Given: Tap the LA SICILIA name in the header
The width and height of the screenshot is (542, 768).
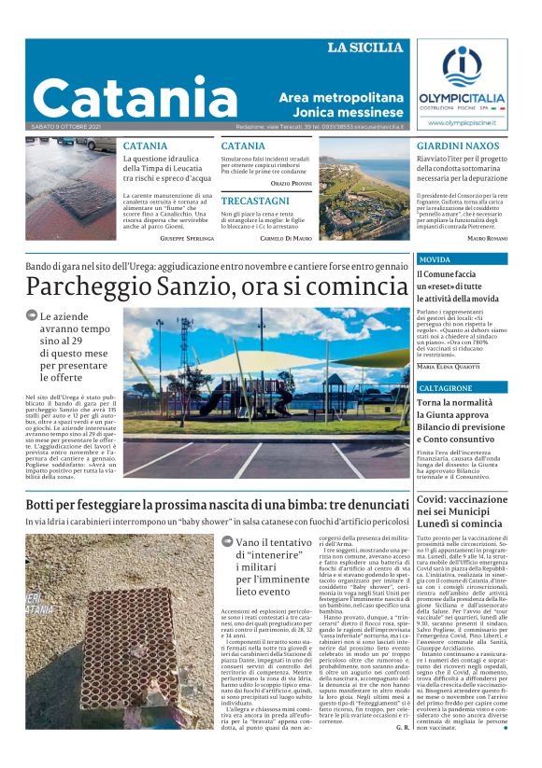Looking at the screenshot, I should [365, 48].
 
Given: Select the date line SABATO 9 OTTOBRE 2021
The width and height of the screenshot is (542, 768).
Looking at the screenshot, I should [66, 126].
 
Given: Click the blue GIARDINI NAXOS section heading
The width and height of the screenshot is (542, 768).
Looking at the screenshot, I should [457, 147].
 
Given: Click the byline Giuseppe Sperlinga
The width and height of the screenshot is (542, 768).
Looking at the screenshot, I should [187, 239].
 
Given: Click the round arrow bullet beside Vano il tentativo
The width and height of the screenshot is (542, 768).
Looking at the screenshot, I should [227, 542].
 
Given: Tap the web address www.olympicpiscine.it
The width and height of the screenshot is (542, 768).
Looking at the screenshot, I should [461, 122].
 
